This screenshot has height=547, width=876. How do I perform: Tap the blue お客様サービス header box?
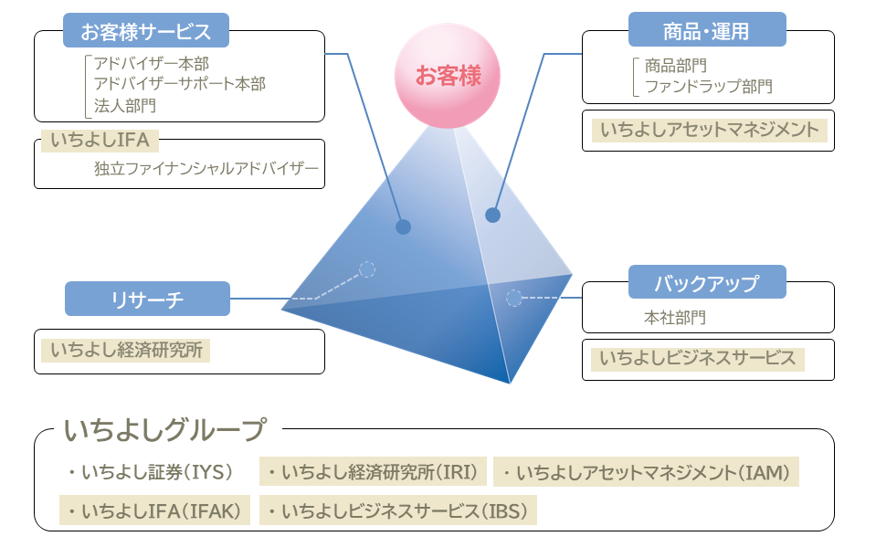click(146, 31)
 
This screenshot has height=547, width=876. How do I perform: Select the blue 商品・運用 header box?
click(707, 30)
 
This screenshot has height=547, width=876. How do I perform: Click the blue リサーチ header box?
click(147, 299)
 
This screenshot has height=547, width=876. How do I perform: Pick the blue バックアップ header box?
click(707, 282)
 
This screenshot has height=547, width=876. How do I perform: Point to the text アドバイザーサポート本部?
click(180, 84)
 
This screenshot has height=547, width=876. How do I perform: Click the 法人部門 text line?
click(125, 105)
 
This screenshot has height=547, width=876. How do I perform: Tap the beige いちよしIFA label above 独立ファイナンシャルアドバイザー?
click(100, 141)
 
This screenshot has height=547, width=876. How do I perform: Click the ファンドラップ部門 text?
click(709, 87)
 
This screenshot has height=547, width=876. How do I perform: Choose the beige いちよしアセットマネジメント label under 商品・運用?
click(709, 129)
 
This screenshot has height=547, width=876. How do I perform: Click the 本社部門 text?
click(675, 318)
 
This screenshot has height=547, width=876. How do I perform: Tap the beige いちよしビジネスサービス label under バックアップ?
click(697, 358)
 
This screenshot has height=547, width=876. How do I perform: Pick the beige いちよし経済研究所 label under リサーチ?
click(126, 349)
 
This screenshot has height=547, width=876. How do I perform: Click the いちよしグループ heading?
click(165, 429)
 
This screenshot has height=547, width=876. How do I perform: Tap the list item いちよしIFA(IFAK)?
click(154, 510)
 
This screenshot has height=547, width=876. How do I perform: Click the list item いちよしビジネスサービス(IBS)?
click(398, 510)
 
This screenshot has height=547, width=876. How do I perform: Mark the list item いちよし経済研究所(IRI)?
click(373, 472)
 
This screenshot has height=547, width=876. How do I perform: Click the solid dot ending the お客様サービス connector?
click(403, 226)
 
